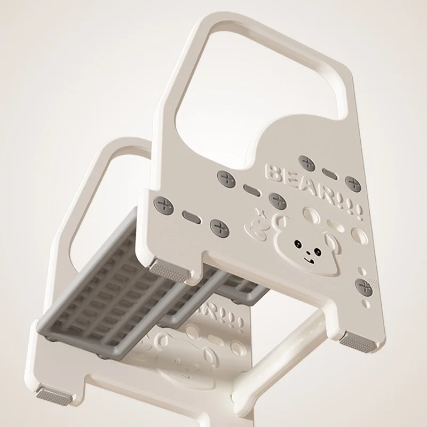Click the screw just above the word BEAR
[306, 163]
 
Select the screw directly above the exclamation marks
[353, 184]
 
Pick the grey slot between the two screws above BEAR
[330, 173]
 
